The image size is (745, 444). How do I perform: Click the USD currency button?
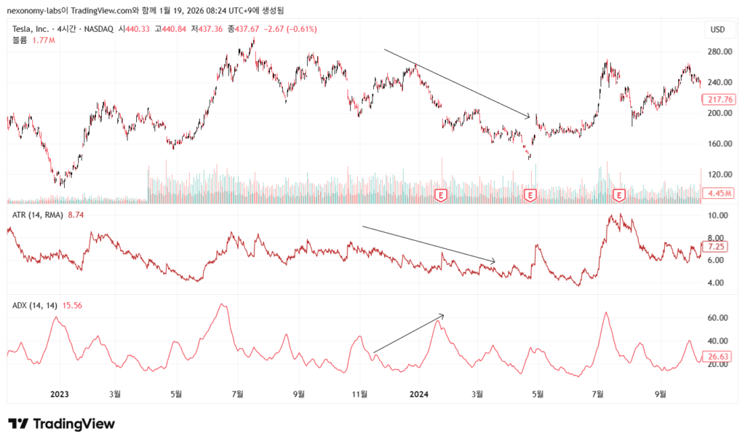coord(717,30)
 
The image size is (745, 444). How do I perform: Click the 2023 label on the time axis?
coord(59,394)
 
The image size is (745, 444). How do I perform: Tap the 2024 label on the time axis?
coord(418,394)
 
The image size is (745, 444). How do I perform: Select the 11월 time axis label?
coord(358,394)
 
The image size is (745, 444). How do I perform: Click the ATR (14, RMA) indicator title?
coord(37,215)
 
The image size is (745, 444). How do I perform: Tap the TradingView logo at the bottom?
coord(61,424)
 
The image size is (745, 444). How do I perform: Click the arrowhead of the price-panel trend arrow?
coord(530,116)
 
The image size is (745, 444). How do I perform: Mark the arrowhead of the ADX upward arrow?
coord(442,315)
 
